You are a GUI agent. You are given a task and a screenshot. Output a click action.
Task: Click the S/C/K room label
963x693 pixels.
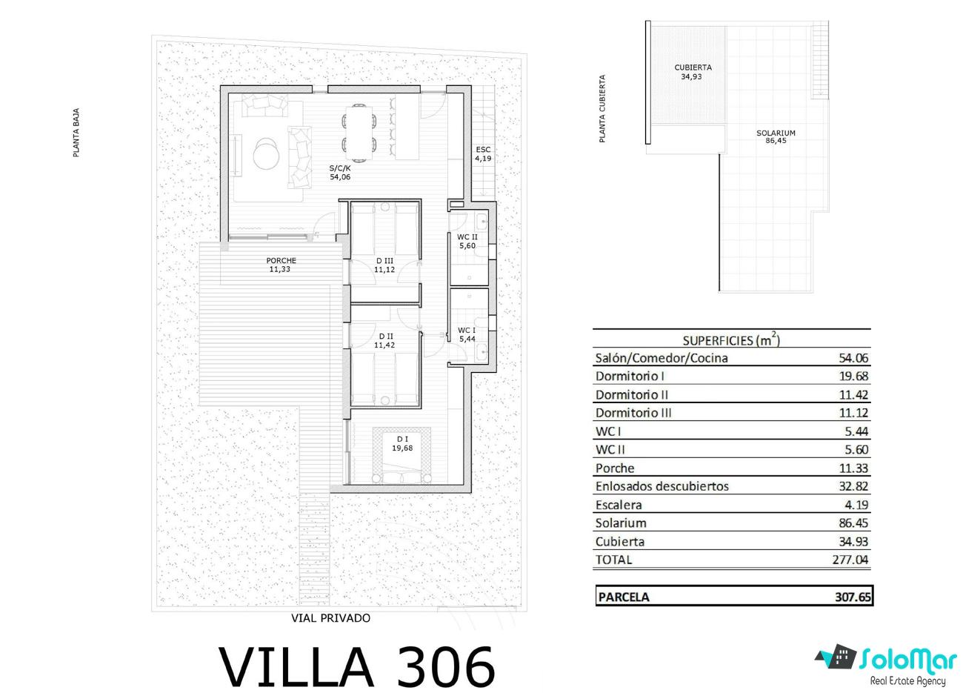coord(339,168)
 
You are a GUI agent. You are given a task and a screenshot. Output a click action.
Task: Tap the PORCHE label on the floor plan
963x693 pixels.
coord(281,260)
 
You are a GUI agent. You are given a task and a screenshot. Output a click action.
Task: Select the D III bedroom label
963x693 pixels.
coord(384,261)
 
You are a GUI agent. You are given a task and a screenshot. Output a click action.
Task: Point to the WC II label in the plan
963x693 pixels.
coord(467,237)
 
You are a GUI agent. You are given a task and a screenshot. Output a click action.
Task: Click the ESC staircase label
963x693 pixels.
coord(483,150)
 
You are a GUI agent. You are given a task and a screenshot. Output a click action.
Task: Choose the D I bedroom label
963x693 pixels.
coord(402,439)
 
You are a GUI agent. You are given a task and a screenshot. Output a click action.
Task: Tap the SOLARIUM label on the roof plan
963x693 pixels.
coord(776,133)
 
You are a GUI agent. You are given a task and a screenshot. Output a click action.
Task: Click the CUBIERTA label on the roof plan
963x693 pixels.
coord(693,67)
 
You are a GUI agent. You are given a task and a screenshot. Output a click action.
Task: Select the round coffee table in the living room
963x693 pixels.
coord(266,153)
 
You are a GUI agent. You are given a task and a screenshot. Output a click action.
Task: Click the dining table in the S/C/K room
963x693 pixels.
coord(360,133)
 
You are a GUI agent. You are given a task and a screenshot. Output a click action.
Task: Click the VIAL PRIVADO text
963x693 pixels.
coord(330,618)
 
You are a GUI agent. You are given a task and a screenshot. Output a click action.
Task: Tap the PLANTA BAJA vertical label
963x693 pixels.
coord(76,133)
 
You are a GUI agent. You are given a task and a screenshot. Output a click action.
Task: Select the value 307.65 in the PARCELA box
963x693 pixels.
coord(853,597)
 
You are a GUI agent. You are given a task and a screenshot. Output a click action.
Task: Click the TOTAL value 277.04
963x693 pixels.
coord(850,560)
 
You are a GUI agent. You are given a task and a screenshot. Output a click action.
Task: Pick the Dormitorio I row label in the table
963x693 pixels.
coord(630,377)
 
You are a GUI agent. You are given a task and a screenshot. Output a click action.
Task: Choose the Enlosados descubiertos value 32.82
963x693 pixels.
coord(853,486)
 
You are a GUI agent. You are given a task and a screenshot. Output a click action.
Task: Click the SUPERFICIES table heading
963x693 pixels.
coord(731,340)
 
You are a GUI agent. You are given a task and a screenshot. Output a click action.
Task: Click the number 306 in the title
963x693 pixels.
coord(446,667)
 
